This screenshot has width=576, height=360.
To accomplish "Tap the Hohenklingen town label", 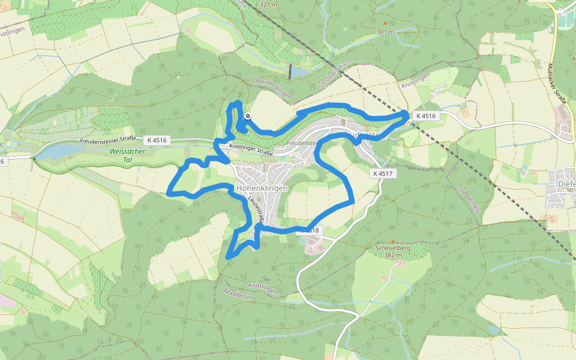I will tap(262, 188).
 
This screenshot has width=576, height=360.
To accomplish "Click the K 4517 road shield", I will tap(382, 173).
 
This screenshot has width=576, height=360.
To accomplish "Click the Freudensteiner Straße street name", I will tap(108, 140).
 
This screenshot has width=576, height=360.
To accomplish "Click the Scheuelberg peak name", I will tap(392, 247).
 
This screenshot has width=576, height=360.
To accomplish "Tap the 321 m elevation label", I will tap(269, 5).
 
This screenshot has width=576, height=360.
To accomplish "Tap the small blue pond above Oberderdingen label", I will tap(292, 72).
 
